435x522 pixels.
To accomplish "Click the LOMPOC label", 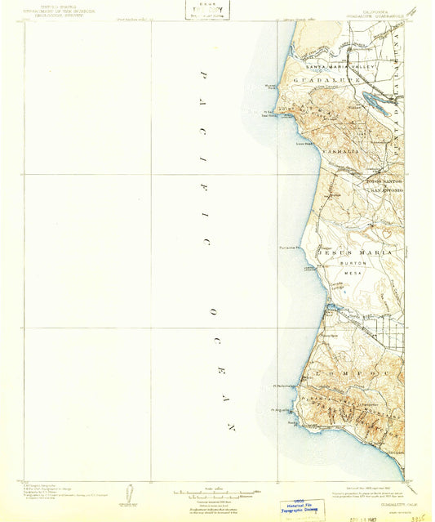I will point(335,368).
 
